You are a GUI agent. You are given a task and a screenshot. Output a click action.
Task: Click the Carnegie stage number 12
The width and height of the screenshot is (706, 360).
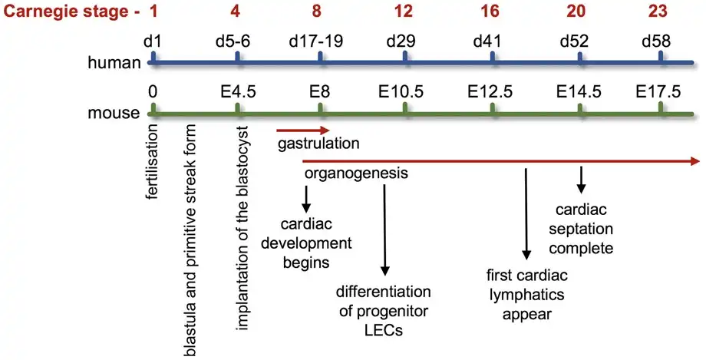click(x=404, y=12)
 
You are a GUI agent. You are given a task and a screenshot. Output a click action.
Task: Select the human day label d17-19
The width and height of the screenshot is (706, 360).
click(x=321, y=40)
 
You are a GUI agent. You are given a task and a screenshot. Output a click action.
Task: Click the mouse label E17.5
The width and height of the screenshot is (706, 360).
click(x=658, y=92)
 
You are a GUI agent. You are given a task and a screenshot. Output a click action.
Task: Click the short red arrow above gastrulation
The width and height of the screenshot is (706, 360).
click(x=302, y=130)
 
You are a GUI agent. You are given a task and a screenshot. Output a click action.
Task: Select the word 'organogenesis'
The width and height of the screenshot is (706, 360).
click(x=355, y=173)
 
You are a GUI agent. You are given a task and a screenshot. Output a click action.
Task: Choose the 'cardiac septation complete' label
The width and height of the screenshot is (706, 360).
click(x=583, y=229)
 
